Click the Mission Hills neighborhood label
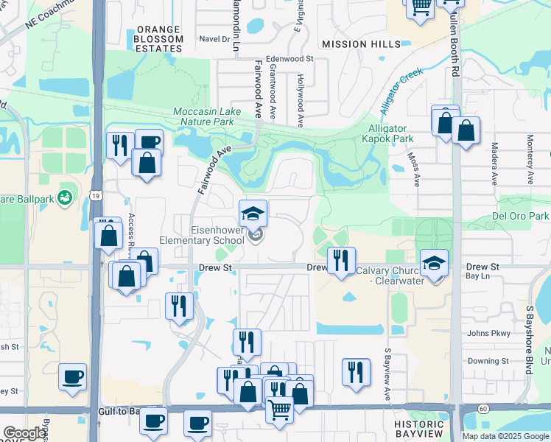point(355,44)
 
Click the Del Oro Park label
point(519,217)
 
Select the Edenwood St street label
point(289,58)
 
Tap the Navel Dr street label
point(215,38)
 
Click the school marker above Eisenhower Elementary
point(253,214)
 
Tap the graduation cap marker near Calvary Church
point(435,263)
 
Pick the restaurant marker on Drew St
point(341,261)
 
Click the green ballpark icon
point(65,197)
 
